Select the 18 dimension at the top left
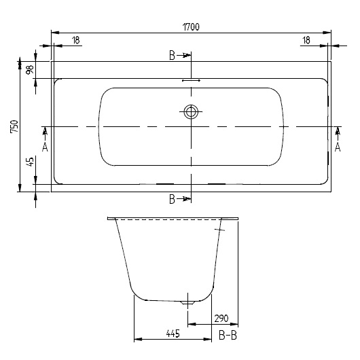[75, 41]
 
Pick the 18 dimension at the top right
[307, 41]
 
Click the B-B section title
[228, 334]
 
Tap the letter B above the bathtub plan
[173, 55]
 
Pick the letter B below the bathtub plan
[173, 198]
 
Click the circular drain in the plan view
[191, 112]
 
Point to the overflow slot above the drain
[191, 80]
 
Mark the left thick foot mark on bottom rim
[165, 184]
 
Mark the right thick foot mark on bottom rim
[217, 184]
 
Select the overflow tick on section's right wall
[219, 231]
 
